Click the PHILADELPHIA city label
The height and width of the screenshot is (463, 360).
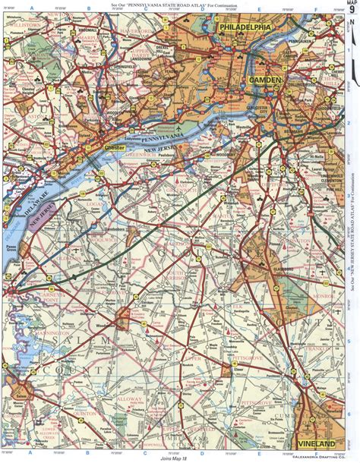coord(245,27)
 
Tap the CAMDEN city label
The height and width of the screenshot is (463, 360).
coord(263,80)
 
